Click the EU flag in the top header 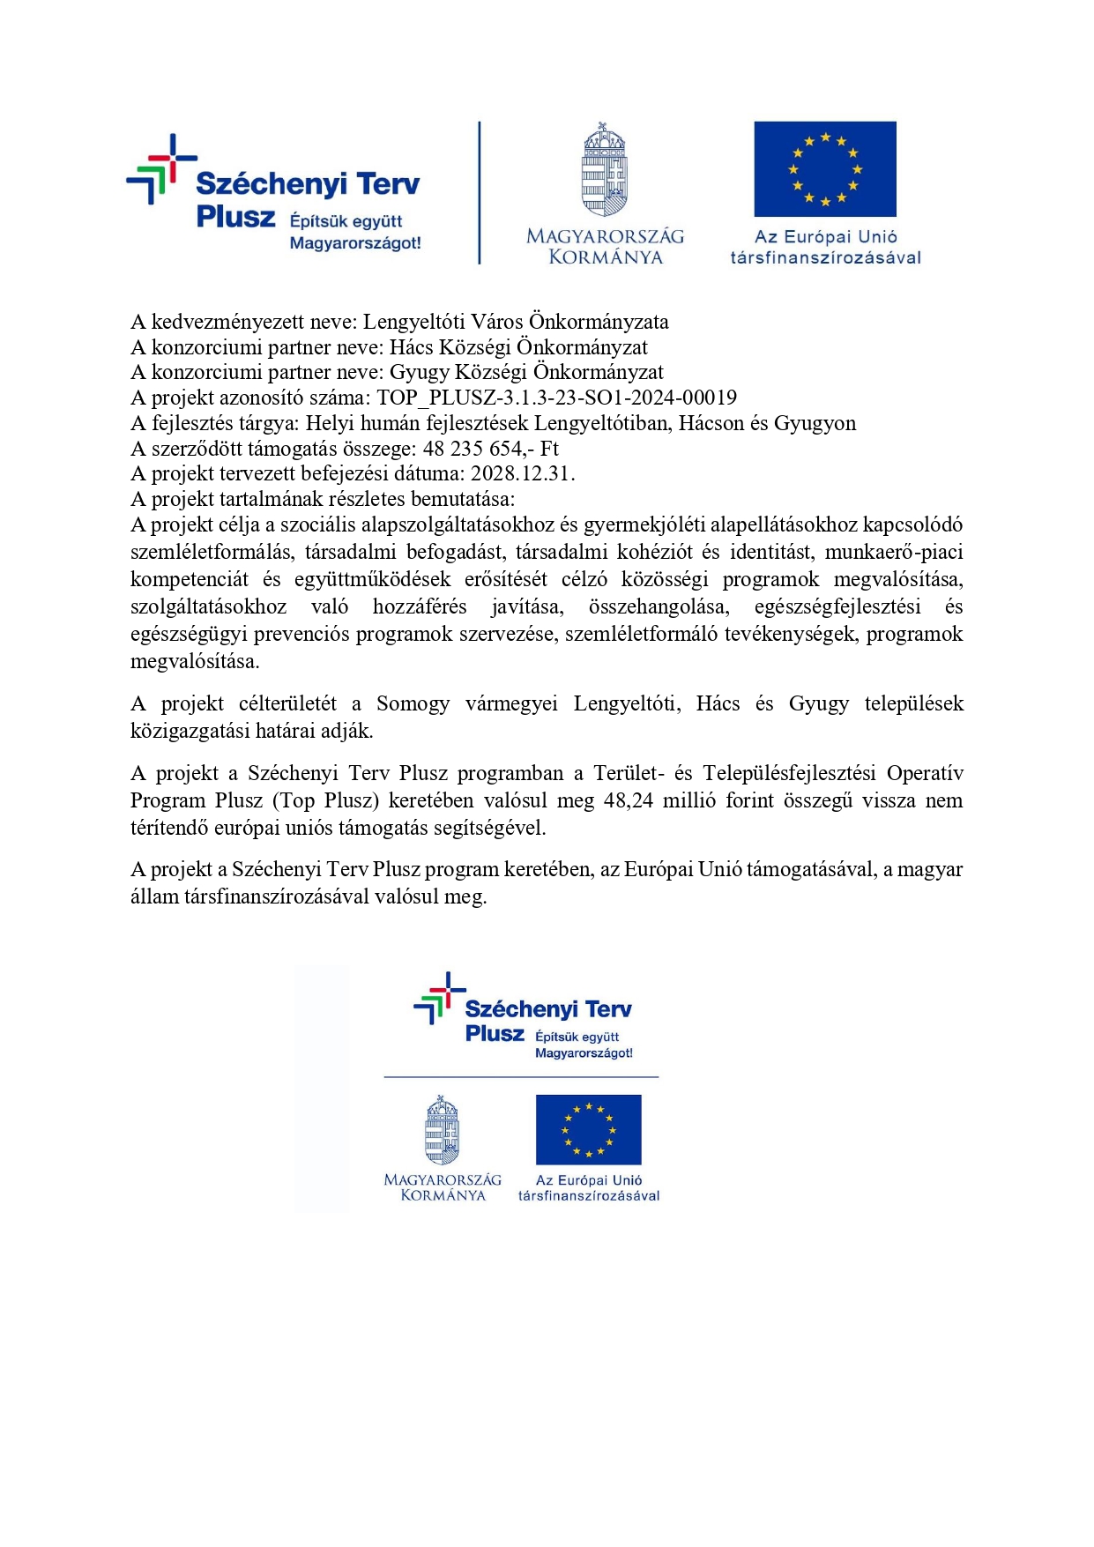824,168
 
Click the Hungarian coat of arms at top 604,169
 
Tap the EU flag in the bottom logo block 588,1129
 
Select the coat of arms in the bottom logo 443,1130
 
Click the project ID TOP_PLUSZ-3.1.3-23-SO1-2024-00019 556,398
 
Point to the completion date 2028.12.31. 522,473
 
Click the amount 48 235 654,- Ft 490,448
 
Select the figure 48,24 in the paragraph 629,800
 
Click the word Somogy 413,703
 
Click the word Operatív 925,773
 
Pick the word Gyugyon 815,423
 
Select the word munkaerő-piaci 894,552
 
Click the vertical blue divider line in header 480,192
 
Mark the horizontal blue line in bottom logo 521,1077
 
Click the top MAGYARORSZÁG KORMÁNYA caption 605,247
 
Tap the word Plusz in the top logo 235,217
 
